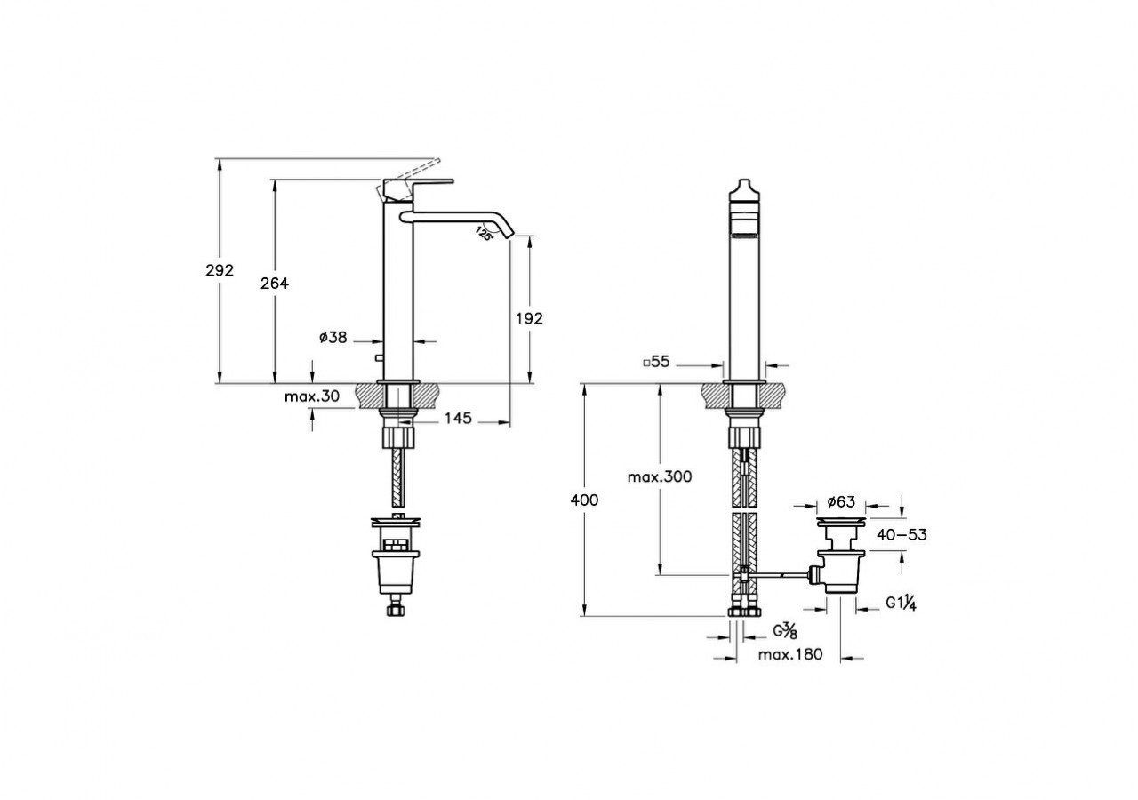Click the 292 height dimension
click(220, 271)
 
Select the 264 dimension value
click(275, 284)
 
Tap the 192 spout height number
click(529, 318)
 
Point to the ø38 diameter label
click(333, 337)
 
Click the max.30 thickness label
click(312, 396)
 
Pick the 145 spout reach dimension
click(458, 418)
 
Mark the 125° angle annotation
click(485, 234)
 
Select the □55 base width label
click(656, 362)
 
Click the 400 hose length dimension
click(584, 500)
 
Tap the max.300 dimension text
click(660, 477)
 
